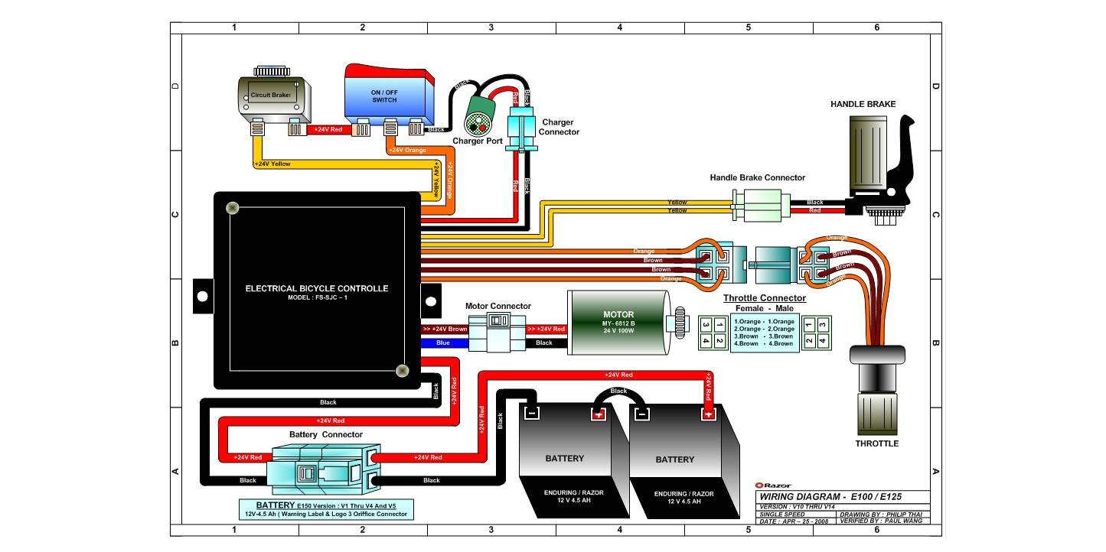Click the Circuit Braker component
(x=271, y=97)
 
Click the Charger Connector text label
(x=558, y=127)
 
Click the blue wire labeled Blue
(x=443, y=343)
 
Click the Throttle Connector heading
(x=764, y=298)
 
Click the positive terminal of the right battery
(x=709, y=414)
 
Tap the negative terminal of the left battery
(x=530, y=414)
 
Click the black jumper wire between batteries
(x=618, y=392)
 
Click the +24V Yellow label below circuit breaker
(x=272, y=164)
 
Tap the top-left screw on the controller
(x=231, y=208)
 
